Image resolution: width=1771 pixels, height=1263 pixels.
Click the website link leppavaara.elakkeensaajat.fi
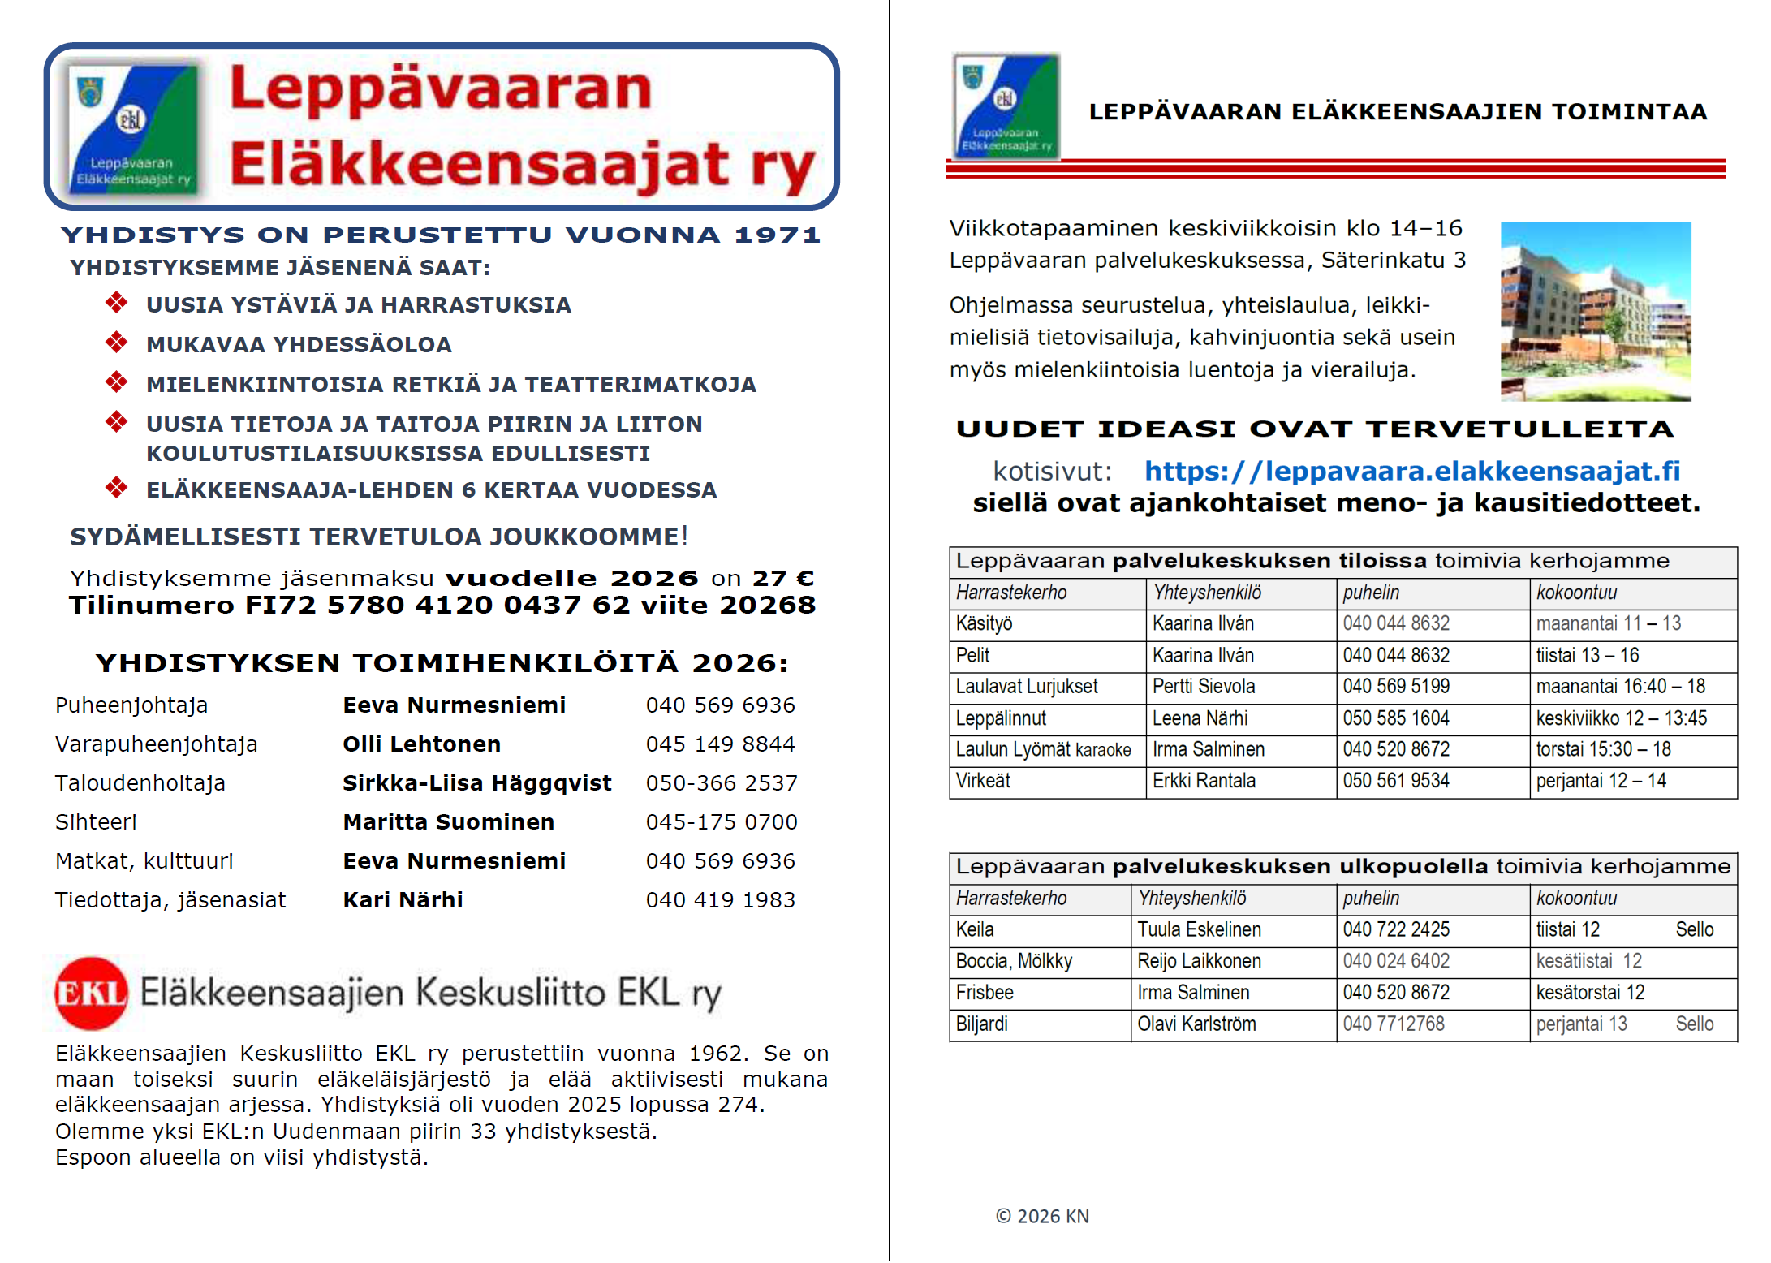tap(1411, 471)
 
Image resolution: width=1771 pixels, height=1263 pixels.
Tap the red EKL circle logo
tap(91, 993)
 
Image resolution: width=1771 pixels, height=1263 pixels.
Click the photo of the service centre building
tap(1595, 311)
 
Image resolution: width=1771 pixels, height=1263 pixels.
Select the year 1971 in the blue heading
tap(777, 235)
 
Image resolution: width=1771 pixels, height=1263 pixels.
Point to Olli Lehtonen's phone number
tap(720, 744)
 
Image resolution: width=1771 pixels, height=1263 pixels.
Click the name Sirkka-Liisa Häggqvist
tap(476, 782)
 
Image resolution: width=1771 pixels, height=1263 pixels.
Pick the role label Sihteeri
tap(96, 821)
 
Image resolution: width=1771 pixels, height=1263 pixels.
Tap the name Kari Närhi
tap(403, 899)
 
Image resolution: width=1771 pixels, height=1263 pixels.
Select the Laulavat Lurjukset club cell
tap(1027, 687)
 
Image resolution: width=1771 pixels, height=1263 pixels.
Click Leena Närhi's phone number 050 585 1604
tap(1396, 718)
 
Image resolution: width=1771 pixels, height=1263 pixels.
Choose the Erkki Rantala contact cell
tap(1204, 781)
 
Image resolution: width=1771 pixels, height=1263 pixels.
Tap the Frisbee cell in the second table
tap(985, 993)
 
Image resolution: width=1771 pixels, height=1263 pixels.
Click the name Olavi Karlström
tap(1196, 1024)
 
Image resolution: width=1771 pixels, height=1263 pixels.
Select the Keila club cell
tap(975, 929)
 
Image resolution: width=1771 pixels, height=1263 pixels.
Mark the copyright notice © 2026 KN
tap(1042, 1216)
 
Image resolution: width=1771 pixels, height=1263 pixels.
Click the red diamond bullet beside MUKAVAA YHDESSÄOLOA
tap(116, 343)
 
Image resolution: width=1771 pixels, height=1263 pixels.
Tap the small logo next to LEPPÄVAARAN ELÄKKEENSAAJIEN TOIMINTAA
tap(1006, 106)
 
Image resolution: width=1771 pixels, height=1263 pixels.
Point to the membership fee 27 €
tap(782, 578)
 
